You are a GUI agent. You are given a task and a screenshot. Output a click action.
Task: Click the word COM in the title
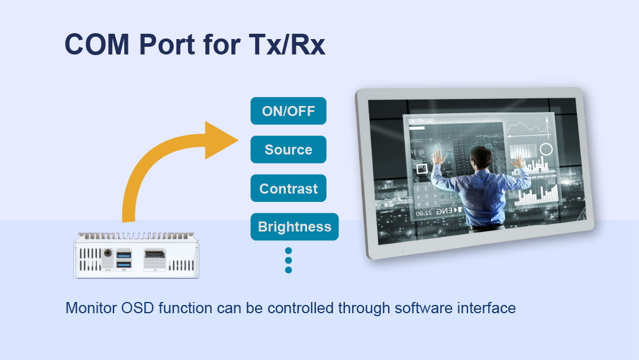[x=97, y=44]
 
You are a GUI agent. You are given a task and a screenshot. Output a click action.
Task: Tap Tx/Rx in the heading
[x=287, y=44]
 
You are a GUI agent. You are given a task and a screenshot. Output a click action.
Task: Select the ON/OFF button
[x=288, y=111]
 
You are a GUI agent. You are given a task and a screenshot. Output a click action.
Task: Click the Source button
[x=288, y=150]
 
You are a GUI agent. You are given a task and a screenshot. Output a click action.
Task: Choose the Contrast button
[x=288, y=188]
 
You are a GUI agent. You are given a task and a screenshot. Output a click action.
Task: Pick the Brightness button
[x=294, y=227]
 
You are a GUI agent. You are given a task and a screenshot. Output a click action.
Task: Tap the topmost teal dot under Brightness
[x=289, y=250]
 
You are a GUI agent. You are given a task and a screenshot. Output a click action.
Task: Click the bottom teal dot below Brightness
[x=289, y=270]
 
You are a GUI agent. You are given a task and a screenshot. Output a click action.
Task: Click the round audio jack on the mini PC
[x=108, y=253]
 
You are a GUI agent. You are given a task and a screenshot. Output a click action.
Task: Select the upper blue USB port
[x=124, y=255]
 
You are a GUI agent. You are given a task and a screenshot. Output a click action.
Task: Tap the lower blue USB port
[x=124, y=265]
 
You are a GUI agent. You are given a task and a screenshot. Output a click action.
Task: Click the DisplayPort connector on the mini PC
[x=155, y=255]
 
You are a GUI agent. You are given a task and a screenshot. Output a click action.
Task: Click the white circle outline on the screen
[x=546, y=150]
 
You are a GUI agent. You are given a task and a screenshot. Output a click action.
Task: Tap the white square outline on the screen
[x=422, y=168]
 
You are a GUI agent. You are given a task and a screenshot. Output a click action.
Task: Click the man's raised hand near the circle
[x=518, y=161]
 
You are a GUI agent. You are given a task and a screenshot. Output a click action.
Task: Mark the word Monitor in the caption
[x=91, y=308]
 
